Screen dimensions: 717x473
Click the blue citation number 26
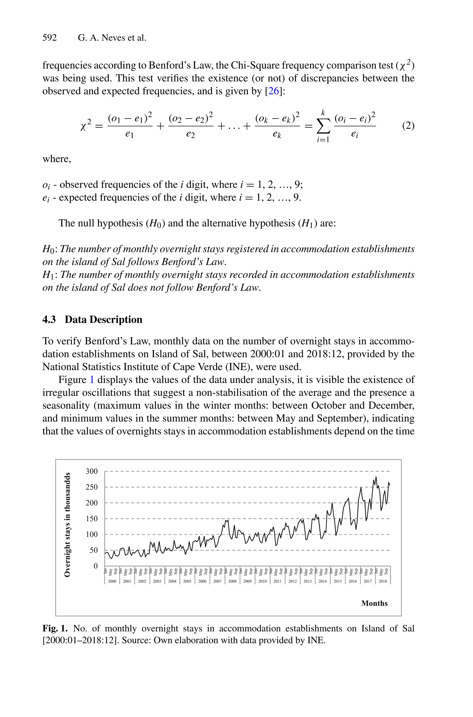274,91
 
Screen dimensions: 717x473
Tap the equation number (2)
408,125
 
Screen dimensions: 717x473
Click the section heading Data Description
103,319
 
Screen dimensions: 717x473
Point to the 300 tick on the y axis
91,471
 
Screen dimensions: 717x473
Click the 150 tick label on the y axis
91,519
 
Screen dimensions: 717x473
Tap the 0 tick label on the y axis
96,566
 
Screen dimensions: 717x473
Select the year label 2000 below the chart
112,581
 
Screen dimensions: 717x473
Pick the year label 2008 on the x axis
232,581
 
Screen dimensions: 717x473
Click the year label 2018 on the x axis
382,581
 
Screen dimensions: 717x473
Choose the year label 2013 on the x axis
307,581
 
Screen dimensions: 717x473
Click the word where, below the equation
57,159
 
